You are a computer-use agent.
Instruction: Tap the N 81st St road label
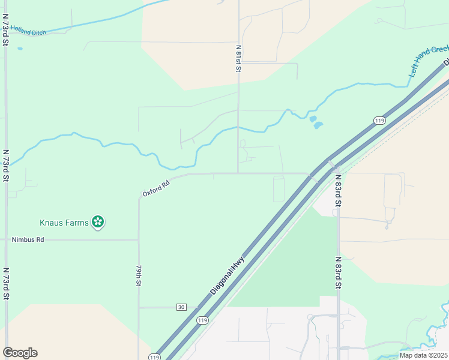238,58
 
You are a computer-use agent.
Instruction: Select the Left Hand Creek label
429,60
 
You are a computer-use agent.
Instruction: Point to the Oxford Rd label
157,189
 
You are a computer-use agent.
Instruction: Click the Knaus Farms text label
64,223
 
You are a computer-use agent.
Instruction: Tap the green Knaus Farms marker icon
98,223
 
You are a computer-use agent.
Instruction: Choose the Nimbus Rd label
28,239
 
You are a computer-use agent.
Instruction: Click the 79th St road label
139,275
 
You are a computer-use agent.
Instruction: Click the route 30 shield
181,307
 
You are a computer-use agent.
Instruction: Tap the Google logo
20,353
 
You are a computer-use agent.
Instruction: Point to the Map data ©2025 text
423,355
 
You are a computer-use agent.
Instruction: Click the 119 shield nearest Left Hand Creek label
379,121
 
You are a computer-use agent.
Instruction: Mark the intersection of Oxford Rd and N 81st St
238,173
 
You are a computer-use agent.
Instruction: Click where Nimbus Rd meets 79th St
139,240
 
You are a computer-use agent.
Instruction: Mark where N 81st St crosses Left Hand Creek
238,127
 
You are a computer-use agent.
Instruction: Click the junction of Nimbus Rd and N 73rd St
6,239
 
